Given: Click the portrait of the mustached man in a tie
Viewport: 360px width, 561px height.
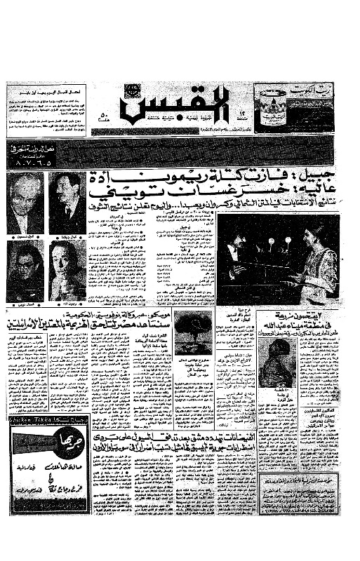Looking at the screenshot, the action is point(67,203).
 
